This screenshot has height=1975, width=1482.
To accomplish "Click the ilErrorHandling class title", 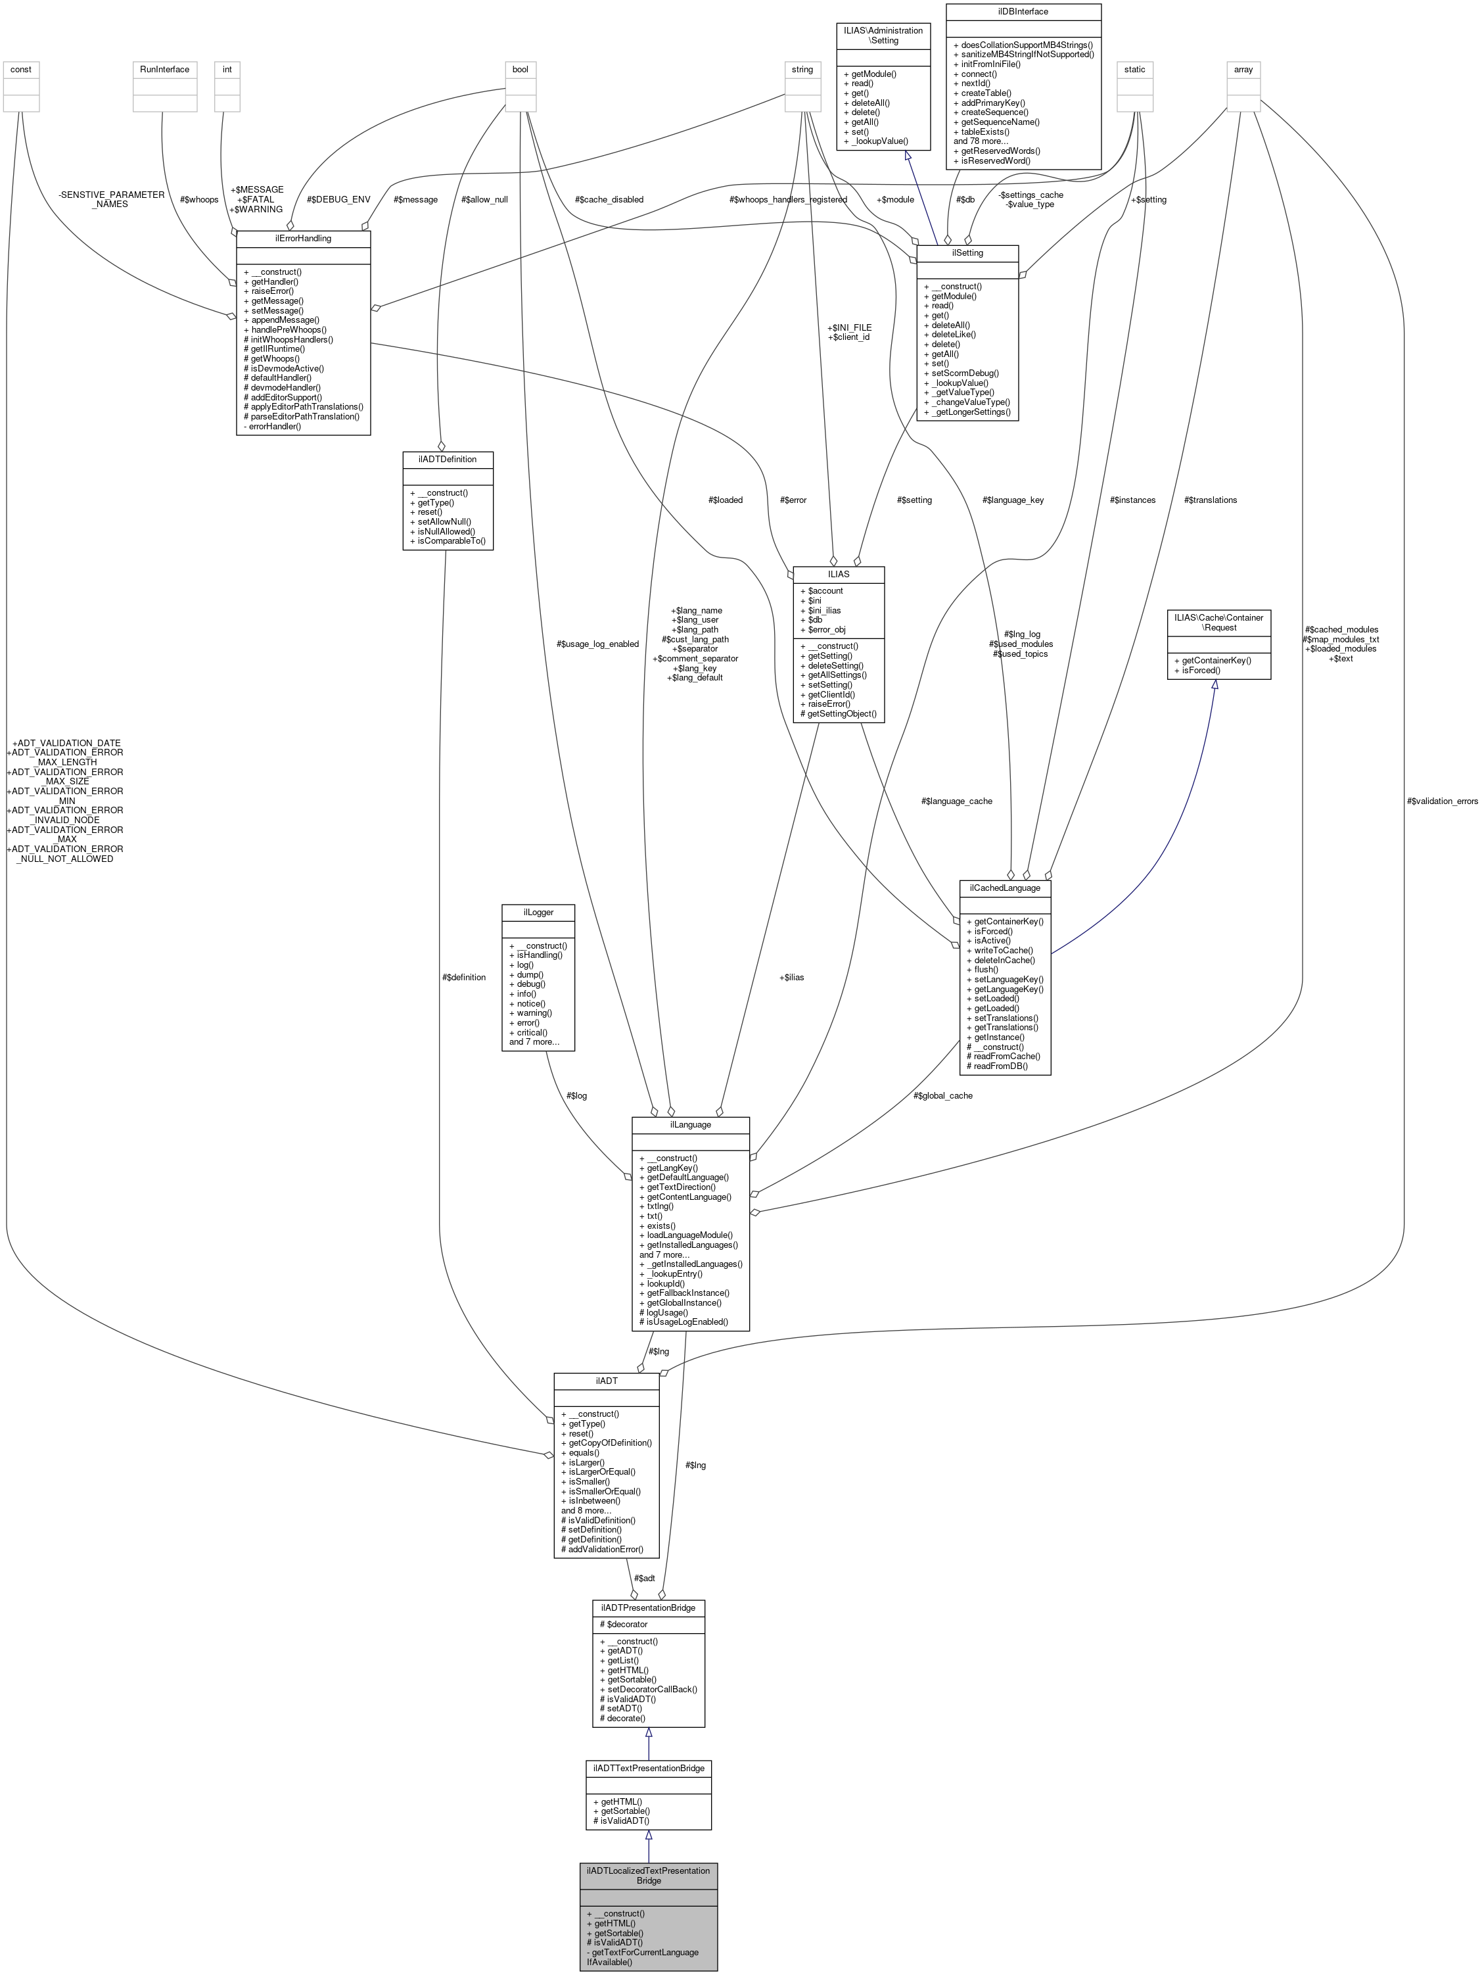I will coord(304,239).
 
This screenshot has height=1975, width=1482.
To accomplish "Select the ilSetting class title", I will coord(967,252).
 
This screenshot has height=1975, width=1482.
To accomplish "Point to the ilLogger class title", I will coord(538,912).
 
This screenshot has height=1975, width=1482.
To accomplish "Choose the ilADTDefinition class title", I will coord(448,459).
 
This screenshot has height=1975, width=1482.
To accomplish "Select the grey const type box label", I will coord(20,69).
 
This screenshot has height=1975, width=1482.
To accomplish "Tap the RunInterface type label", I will coord(164,69).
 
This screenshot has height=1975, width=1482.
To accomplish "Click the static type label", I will coord(1135,69).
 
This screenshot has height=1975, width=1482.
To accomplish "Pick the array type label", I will coord(1243,69).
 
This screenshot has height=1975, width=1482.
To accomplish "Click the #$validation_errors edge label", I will coord(1442,801).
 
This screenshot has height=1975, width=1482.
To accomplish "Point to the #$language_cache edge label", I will coord(956,801).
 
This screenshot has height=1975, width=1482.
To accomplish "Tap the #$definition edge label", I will coord(463,977).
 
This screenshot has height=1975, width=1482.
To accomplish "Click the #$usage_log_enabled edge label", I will coord(597,644).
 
